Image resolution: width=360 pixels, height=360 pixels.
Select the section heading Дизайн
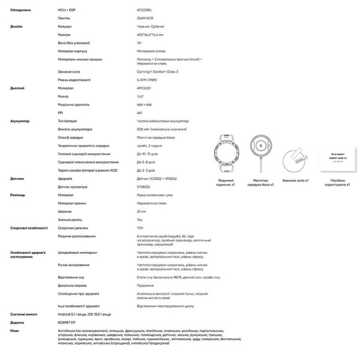click(17, 27)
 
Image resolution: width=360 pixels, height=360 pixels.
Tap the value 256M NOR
click(145, 19)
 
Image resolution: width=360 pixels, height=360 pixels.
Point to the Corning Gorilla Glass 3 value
click(158, 72)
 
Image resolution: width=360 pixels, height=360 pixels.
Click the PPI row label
click(61, 112)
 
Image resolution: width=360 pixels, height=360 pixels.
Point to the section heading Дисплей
click(17, 88)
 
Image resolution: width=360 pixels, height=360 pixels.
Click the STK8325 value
click(145, 187)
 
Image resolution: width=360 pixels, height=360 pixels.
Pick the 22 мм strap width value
click(142, 211)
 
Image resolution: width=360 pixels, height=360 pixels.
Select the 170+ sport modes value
click(141, 228)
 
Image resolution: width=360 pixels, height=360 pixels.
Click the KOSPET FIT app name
click(68, 322)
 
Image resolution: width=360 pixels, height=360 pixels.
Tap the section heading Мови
click(15, 330)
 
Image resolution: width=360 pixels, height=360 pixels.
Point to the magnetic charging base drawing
click(260, 154)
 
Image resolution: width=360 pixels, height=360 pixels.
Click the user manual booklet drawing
click(332, 158)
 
